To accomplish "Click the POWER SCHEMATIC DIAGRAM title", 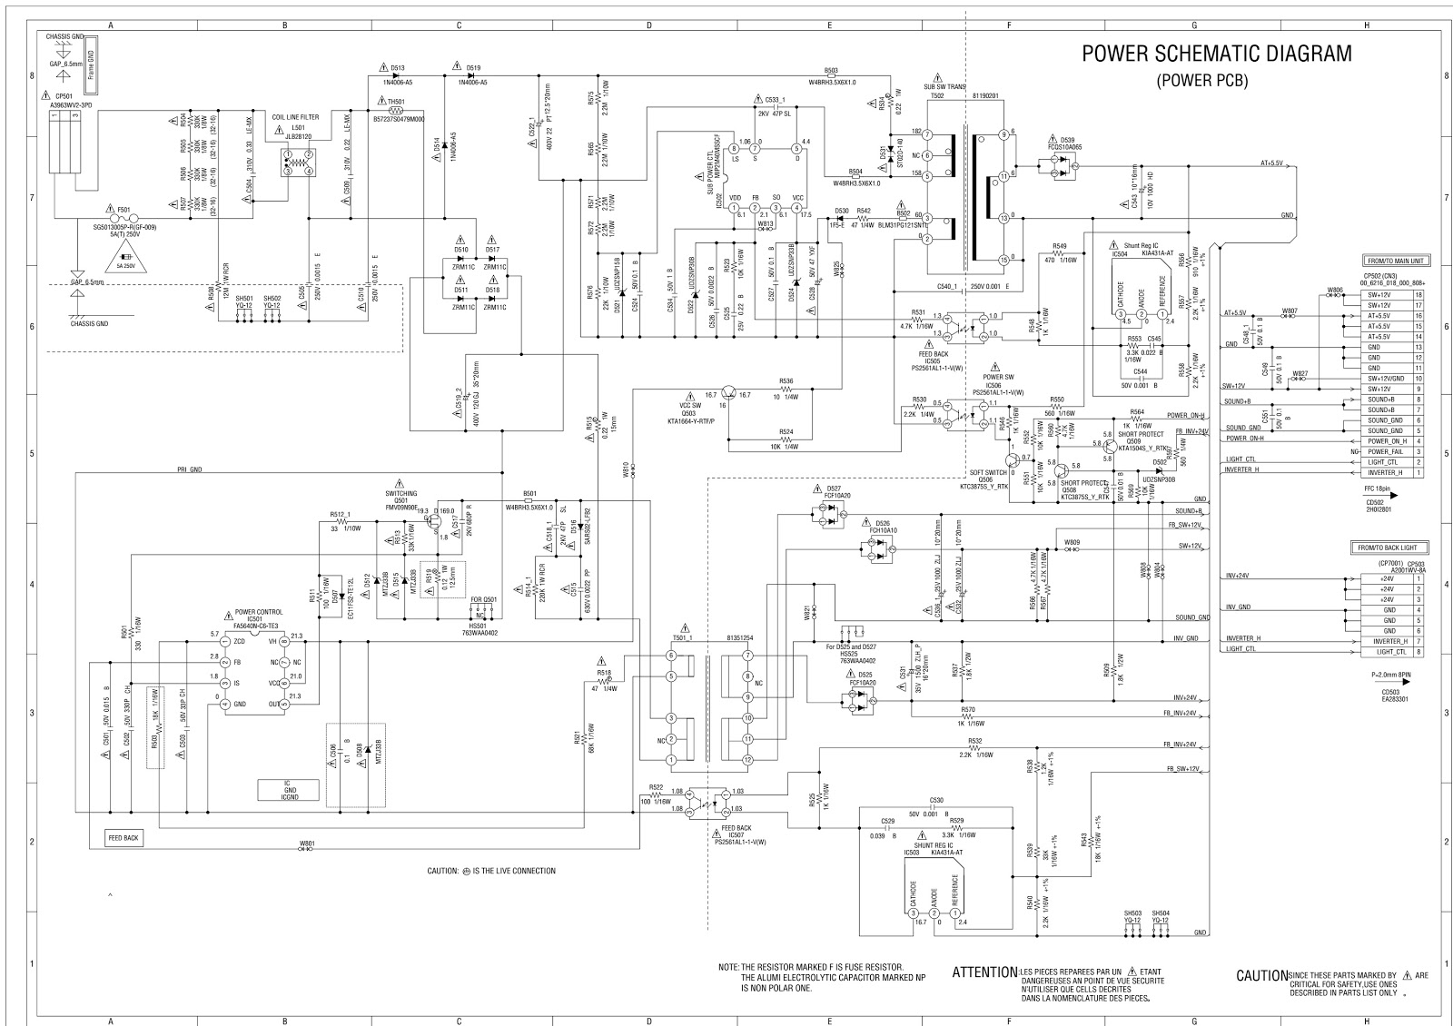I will click(x=1216, y=54).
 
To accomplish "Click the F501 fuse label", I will click(x=112, y=210).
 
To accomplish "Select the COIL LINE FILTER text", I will click(x=295, y=117).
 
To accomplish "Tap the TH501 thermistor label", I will click(x=396, y=102).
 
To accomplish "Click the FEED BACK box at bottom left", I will click(x=123, y=838).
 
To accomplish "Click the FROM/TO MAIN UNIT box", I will click(x=1393, y=261).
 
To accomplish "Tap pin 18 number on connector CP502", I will click(x=1417, y=295).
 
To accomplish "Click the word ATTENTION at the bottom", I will click(x=984, y=973).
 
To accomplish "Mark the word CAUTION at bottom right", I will click(x=1261, y=976).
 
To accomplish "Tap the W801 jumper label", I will click(x=307, y=843).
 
